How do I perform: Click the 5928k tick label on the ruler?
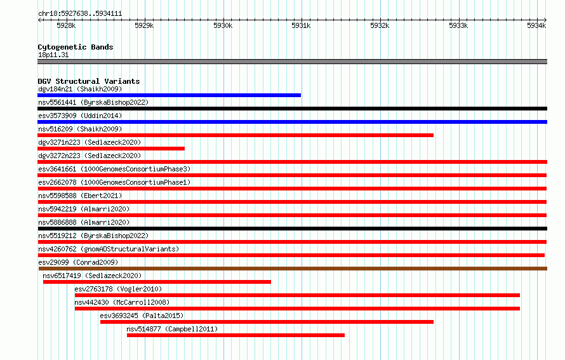pyautogui.click(x=66, y=25)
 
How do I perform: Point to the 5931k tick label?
pyautogui.click(x=301, y=25)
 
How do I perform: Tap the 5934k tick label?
pyautogui.click(x=536, y=25)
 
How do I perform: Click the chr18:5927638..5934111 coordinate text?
pyautogui.click(x=80, y=14)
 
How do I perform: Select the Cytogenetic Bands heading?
pyautogui.click(x=76, y=47)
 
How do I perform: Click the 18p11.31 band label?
pyautogui.click(x=53, y=55)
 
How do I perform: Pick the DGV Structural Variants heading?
pyautogui.click(x=89, y=81)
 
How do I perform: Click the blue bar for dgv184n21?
pyautogui.click(x=169, y=95)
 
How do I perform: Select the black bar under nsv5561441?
pyautogui.click(x=292, y=109)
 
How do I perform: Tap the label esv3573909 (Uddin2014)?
pyautogui.click(x=80, y=116)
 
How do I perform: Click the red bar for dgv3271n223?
pyautogui.click(x=111, y=149)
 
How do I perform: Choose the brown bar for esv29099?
pyautogui.click(x=293, y=269)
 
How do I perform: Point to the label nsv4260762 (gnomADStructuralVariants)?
pyautogui.click(x=109, y=249)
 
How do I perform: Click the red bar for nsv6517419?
pyautogui.click(x=157, y=282)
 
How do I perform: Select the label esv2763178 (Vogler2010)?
pyautogui.click(x=118, y=289)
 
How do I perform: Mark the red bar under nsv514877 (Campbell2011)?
pyautogui.click(x=236, y=335)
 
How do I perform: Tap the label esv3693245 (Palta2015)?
pyautogui.click(x=142, y=316)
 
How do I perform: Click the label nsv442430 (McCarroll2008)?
pyautogui.click(x=122, y=302)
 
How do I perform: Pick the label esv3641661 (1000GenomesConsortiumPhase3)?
pyautogui.click(x=114, y=169)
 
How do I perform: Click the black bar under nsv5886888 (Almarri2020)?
pyautogui.click(x=292, y=229)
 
